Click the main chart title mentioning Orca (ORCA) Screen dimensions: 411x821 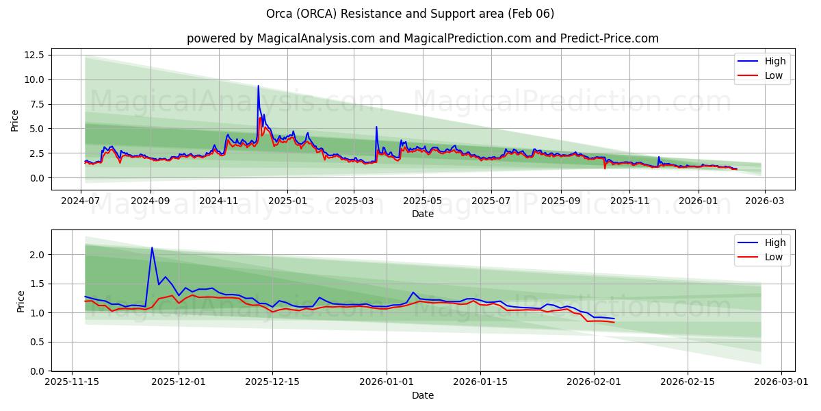(x=410, y=14)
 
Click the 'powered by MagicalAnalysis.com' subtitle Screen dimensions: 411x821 (x=422, y=38)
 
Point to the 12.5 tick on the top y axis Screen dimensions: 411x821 (x=34, y=55)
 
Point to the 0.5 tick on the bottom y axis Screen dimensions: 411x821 (x=36, y=342)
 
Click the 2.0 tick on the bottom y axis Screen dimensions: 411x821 (x=36, y=254)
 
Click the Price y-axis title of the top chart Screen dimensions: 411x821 (x=15, y=120)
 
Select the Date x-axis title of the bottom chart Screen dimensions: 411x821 (x=422, y=395)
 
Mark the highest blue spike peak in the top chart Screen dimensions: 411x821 (x=258, y=86)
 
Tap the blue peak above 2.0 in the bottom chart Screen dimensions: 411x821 (x=152, y=248)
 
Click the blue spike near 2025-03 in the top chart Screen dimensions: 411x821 (x=376, y=127)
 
